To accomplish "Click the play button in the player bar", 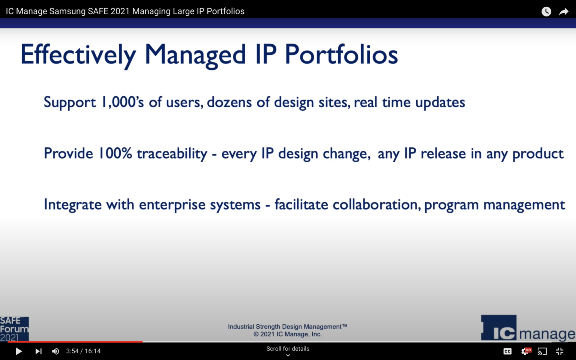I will tap(18, 351).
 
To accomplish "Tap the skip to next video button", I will tap(38, 351).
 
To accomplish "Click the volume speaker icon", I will tap(55, 351).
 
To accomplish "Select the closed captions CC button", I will tap(507, 351).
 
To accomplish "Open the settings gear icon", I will tap(525, 351).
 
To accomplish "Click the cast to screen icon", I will tap(542, 351).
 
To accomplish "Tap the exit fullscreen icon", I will tap(559, 351).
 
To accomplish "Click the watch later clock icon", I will tap(546, 12).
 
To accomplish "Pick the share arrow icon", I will tap(564, 12).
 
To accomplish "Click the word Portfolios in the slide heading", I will tap(341, 55).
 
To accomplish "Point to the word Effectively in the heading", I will tap(78, 55).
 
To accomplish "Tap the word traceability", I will tap(172, 154).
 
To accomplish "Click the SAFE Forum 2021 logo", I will tap(14, 329).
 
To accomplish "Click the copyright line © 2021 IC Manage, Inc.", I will tap(288, 334).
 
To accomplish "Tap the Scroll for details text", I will tap(288, 349).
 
